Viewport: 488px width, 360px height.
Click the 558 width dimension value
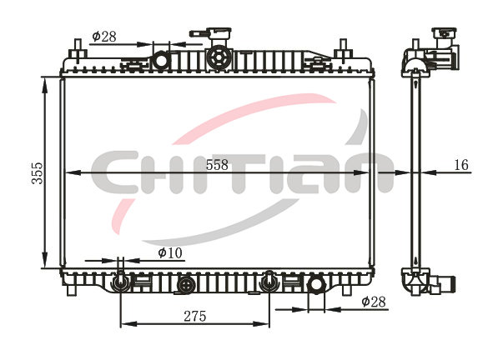point(217,165)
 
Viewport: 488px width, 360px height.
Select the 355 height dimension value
point(38,172)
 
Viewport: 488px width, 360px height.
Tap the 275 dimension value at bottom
point(195,317)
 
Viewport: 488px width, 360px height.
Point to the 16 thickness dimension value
point(461,165)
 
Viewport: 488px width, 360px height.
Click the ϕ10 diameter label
point(170,253)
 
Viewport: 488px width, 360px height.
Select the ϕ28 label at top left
point(104,37)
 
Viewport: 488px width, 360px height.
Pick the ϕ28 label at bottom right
point(374,302)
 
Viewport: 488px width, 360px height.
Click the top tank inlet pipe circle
point(161,60)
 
